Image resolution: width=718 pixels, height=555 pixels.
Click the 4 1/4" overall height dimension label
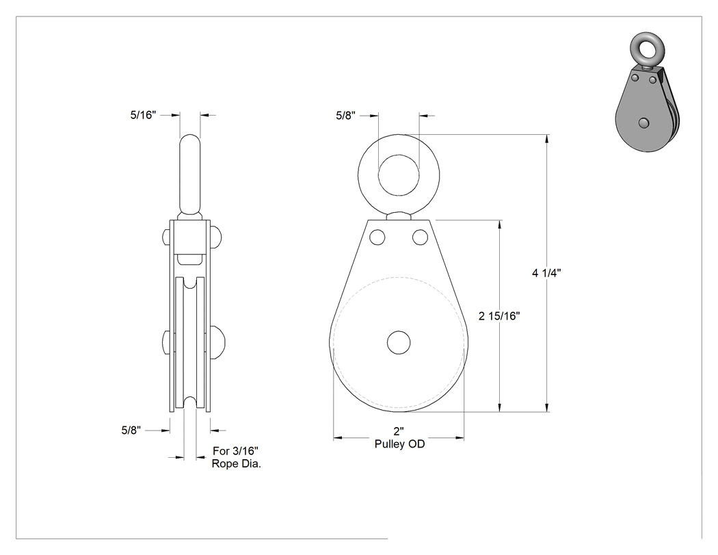[x=546, y=273]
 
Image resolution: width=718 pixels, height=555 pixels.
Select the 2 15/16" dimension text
[x=499, y=315]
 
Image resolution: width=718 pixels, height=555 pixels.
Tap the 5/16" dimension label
[x=144, y=115]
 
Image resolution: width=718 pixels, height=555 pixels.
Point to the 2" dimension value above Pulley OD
[x=399, y=431]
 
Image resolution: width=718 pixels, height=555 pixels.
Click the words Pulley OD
[x=399, y=444]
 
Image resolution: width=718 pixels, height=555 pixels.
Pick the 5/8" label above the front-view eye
[x=346, y=116]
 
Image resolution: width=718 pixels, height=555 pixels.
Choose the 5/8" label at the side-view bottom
[x=131, y=430]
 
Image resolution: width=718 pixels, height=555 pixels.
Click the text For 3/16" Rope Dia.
[x=236, y=457]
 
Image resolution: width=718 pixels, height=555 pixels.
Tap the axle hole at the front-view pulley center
[x=399, y=343]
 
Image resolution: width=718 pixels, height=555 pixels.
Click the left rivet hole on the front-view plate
[x=377, y=237]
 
